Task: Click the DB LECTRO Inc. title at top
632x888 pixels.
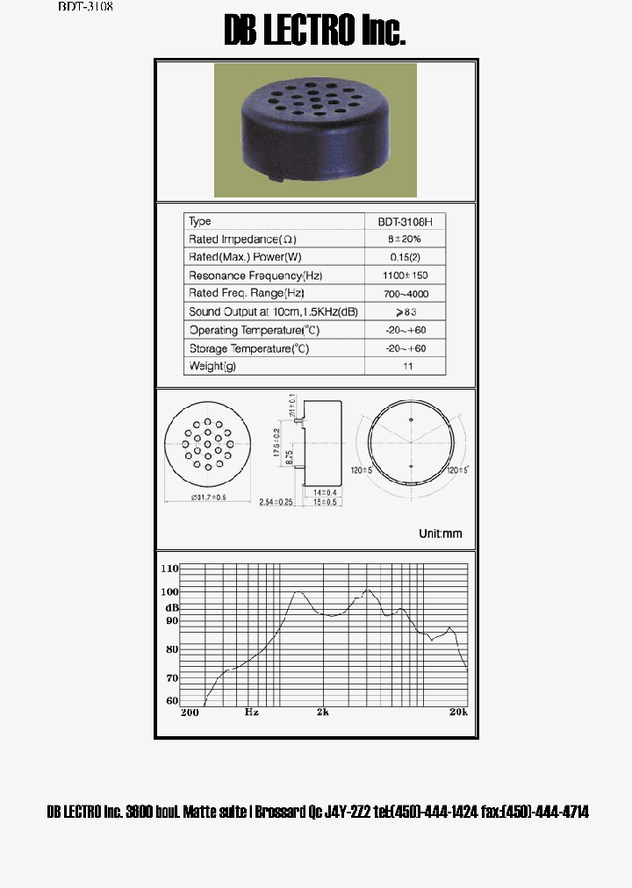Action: coord(315,32)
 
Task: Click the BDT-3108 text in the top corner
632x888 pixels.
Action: coord(86,6)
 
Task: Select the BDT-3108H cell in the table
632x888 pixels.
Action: coord(406,222)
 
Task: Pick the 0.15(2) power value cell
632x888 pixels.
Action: coord(406,258)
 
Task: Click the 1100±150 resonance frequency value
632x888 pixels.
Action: coord(406,276)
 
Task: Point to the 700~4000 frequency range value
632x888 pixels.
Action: coord(406,294)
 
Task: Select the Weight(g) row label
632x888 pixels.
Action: coord(212,367)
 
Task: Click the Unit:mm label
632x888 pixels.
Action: coord(440,534)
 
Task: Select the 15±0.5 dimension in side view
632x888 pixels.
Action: coord(326,502)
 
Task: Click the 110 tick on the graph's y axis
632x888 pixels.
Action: coord(169,569)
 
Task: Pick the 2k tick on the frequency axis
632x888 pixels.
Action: coord(323,712)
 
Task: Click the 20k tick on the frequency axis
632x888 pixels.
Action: coord(457,712)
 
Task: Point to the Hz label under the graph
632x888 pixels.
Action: coord(252,712)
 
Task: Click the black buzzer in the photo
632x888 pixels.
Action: coord(314,127)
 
